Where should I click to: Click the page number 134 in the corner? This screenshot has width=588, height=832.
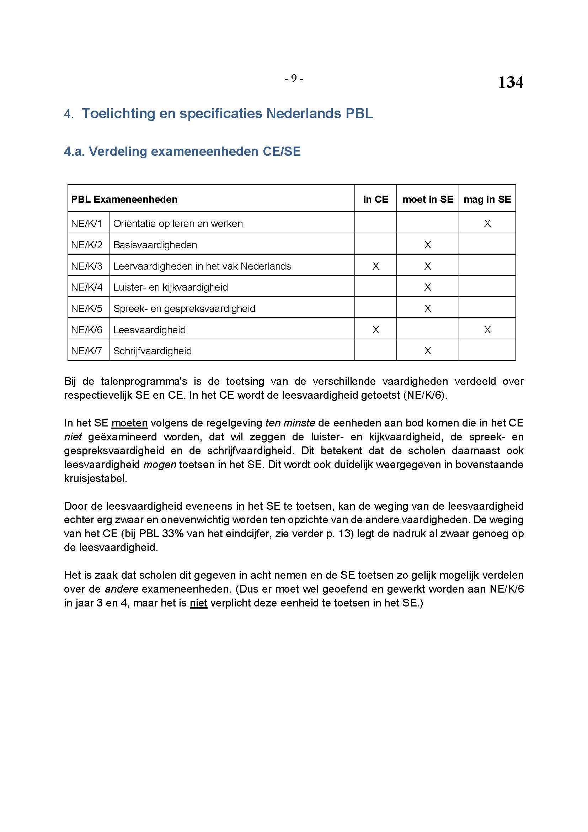pyautogui.click(x=510, y=82)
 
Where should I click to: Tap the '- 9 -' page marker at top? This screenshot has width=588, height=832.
pyautogui.click(x=293, y=78)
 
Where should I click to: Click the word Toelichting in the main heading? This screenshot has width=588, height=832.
pyautogui.click(x=121, y=113)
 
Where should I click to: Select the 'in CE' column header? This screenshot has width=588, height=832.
pyautogui.click(x=375, y=199)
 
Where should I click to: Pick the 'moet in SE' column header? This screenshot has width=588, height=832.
pyautogui.click(x=428, y=199)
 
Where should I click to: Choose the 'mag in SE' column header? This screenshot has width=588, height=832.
pyautogui.click(x=487, y=199)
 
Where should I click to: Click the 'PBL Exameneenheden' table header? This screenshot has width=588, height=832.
pyautogui.click(x=124, y=199)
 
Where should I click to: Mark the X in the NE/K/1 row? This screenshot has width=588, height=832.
pyautogui.click(x=487, y=224)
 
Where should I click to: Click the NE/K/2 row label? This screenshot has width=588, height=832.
pyautogui.click(x=87, y=245)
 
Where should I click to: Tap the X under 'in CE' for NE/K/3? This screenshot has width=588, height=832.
pyautogui.click(x=376, y=266)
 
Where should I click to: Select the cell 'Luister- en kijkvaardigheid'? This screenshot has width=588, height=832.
pyautogui.click(x=171, y=287)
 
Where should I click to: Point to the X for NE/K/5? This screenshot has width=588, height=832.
pyautogui.click(x=428, y=309)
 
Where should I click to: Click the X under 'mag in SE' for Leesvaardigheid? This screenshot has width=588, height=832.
pyautogui.click(x=487, y=330)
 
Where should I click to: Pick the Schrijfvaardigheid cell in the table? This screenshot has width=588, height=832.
pyautogui.click(x=153, y=351)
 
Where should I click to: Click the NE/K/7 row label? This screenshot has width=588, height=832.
pyautogui.click(x=87, y=351)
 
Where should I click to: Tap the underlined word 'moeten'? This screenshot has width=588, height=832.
pyautogui.click(x=130, y=423)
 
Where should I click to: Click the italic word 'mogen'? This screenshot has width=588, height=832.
pyautogui.click(x=160, y=465)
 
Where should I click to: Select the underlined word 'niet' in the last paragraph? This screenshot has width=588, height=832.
pyautogui.click(x=198, y=603)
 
